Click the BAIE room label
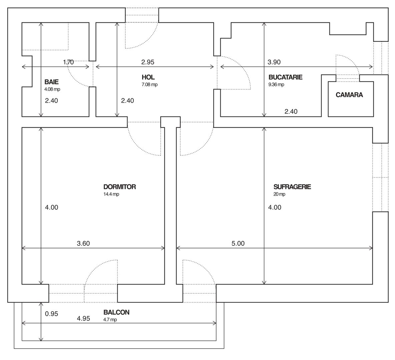pyautogui.click(x=51, y=82)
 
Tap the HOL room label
pyautogui.click(x=148, y=77)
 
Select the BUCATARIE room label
pyautogui.click(x=285, y=77)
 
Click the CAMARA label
pyautogui.click(x=349, y=95)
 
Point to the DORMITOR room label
pyautogui.click(x=119, y=187)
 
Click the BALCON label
pyautogui.click(x=116, y=313)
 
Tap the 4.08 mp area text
pyautogui.click(x=52, y=89)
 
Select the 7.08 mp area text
pyautogui.click(x=149, y=85)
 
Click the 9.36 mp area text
pyautogui.click(x=276, y=85)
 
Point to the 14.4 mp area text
pyautogui.click(x=111, y=194)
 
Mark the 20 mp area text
pyautogui.click(x=279, y=194)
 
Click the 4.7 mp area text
pyautogui.click(x=110, y=320)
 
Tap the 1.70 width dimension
pyautogui.click(x=68, y=62)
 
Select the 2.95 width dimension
pyautogui.click(x=148, y=62)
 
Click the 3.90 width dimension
pyautogui.click(x=274, y=62)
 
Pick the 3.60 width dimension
pyautogui.click(x=83, y=244)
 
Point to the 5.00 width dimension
pyautogui.click(x=238, y=244)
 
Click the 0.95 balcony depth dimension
pyautogui.click(x=51, y=314)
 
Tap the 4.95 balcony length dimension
pyautogui.click(x=83, y=319)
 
